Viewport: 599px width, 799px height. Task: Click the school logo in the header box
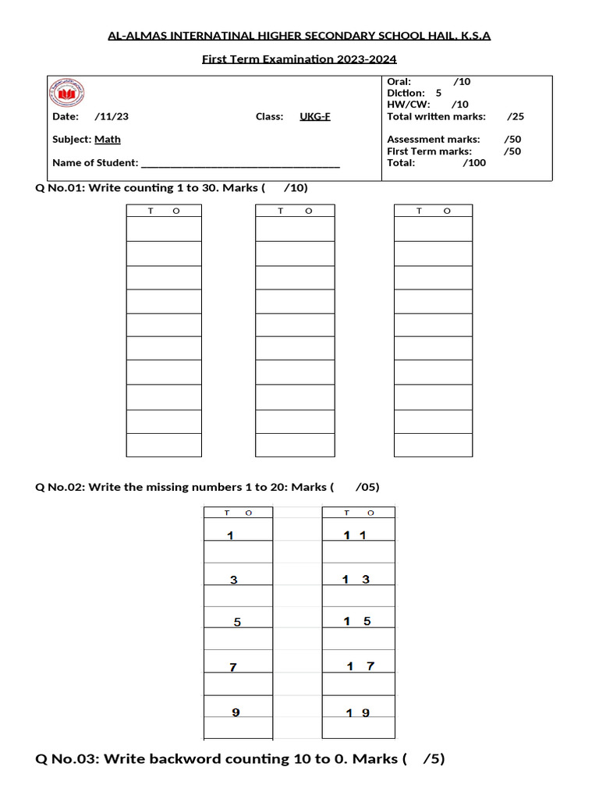(67, 93)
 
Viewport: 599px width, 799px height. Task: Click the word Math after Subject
(108, 140)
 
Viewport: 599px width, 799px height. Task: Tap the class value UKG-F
(315, 116)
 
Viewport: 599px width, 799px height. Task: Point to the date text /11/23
(112, 116)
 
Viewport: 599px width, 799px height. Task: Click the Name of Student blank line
(240, 164)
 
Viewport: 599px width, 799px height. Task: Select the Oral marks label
(399, 81)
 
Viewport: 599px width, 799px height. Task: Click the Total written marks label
(436, 116)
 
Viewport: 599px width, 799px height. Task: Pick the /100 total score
(474, 163)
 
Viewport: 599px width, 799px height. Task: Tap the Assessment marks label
(434, 140)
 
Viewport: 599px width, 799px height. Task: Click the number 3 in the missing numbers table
(232, 580)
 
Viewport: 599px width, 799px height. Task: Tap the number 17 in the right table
(360, 666)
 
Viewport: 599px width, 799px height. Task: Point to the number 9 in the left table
(236, 712)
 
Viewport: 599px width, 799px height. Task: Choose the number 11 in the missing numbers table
(355, 535)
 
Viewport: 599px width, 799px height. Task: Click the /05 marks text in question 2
(367, 487)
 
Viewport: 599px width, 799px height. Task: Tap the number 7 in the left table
(232, 667)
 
